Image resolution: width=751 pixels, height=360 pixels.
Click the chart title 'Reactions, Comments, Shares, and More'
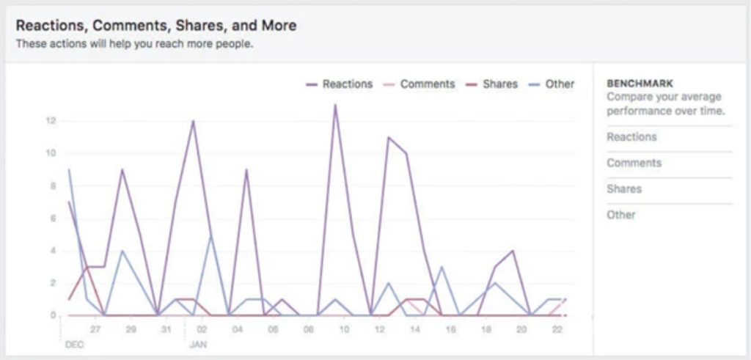coord(156,26)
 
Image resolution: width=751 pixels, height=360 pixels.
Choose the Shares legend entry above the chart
coord(499,84)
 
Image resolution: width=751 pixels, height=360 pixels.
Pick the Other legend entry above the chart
coord(560,84)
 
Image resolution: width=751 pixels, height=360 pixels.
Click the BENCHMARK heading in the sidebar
coord(640,84)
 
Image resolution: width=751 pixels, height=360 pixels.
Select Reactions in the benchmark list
coord(631,137)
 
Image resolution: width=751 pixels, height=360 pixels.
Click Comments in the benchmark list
coord(634,163)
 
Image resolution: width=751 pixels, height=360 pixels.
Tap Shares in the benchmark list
coord(624,189)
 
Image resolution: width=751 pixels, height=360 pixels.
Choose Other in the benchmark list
coord(621,215)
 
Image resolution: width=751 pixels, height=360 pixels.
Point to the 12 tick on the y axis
coord(51,121)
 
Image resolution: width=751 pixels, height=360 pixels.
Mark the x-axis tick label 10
coord(343,330)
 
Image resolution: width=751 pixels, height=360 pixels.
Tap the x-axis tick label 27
coord(95,330)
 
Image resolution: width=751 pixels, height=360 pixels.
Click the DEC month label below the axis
coord(74,342)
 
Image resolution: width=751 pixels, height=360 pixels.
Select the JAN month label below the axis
coord(198,342)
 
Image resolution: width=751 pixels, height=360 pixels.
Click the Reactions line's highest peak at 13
coord(335,105)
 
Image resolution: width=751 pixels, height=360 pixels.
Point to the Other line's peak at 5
coord(210,235)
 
